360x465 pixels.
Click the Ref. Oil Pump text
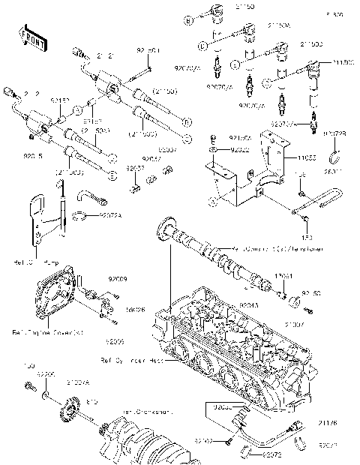36,262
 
